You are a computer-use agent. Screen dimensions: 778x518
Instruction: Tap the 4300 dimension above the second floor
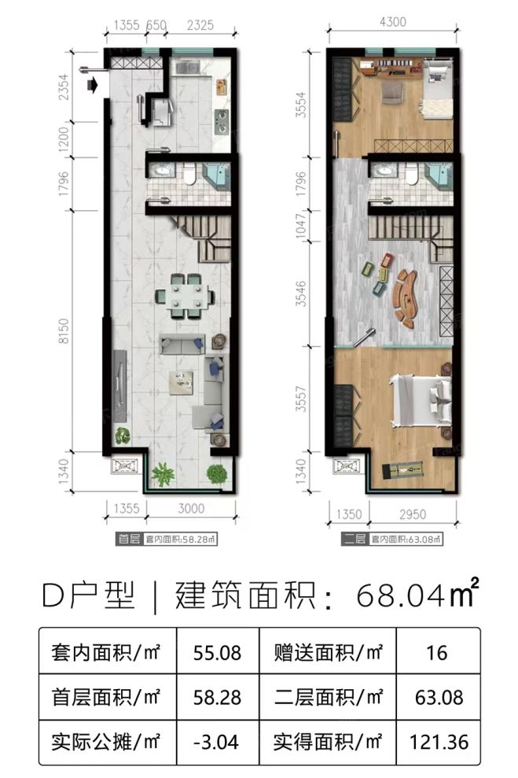click(x=393, y=22)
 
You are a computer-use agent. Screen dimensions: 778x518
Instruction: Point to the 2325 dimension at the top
click(x=201, y=24)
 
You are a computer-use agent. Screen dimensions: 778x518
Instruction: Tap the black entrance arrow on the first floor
click(x=94, y=84)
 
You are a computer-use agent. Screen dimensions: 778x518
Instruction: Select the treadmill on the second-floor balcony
click(x=402, y=471)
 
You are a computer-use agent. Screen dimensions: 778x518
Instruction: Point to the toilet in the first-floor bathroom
click(x=190, y=172)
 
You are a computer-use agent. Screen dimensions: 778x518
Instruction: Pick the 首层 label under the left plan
click(x=127, y=540)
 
